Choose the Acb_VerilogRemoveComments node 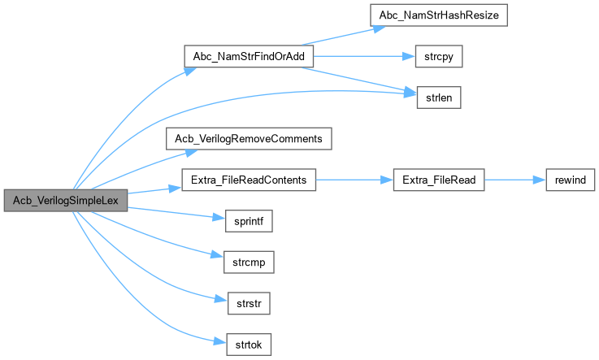[250, 138]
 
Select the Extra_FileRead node [439, 180]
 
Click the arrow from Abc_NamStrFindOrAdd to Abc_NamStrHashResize [341, 37]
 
